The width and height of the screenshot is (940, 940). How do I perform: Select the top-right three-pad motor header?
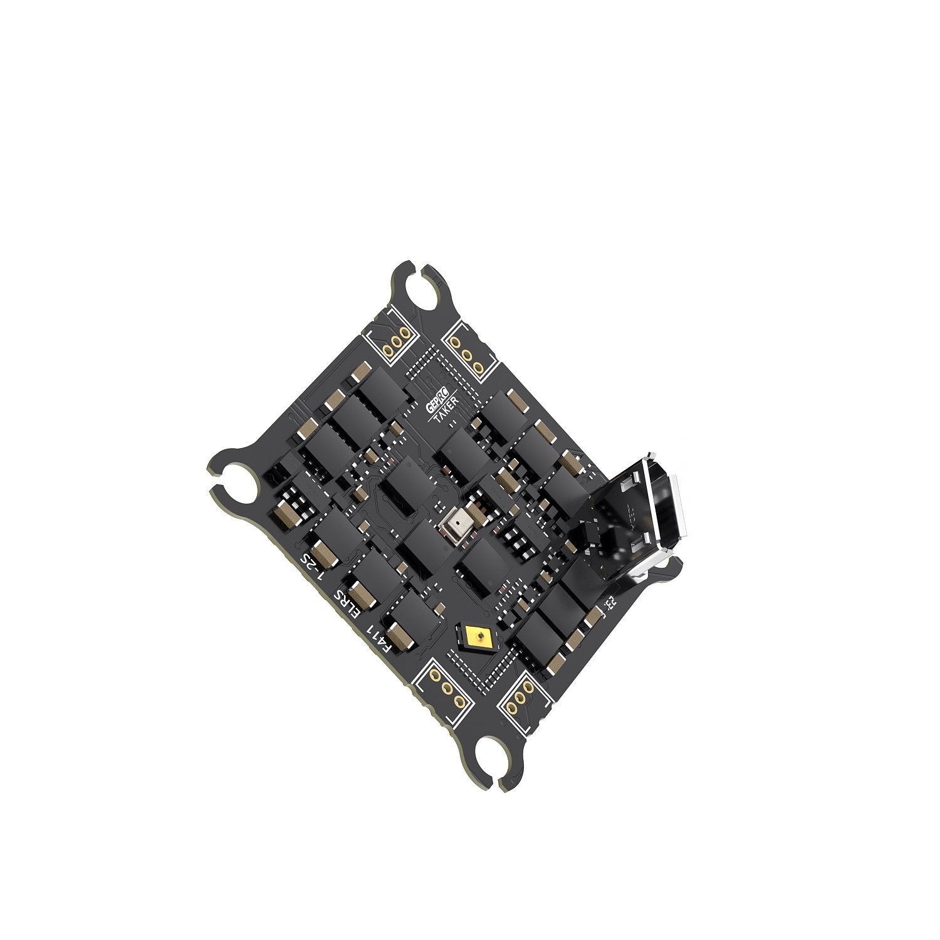click(x=467, y=355)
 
